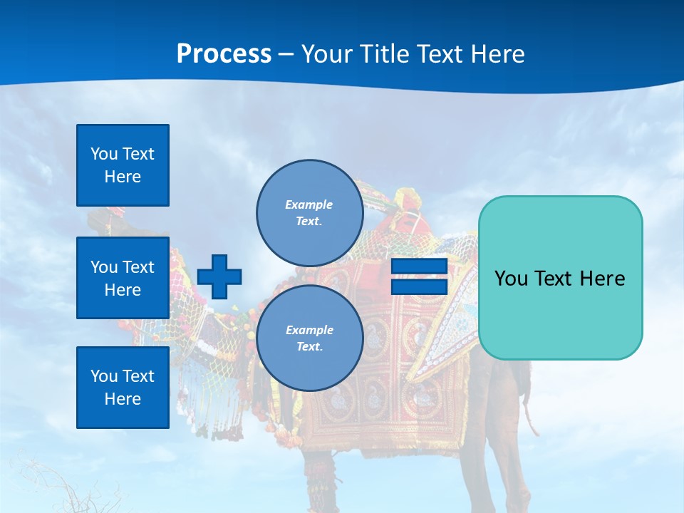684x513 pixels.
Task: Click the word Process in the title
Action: coord(224,54)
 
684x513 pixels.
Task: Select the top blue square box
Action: coord(123,165)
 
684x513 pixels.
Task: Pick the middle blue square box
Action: coord(123,278)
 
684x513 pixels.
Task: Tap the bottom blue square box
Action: coord(123,388)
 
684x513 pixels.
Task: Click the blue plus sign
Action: coord(219,276)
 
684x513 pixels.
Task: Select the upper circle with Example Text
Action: coord(309,212)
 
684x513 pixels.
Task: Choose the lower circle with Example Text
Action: coord(309,338)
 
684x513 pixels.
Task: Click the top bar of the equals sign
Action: coord(419,267)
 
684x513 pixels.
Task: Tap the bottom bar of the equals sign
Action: coord(419,286)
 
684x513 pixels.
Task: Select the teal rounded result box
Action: coord(560,278)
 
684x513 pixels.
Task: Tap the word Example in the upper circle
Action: coord(309,204)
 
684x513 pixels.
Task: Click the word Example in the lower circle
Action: coord(309,330)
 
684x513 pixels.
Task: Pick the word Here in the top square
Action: coord(123,177)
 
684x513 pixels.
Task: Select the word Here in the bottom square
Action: coord(123,399)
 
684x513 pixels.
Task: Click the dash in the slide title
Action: coord(286,55)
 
